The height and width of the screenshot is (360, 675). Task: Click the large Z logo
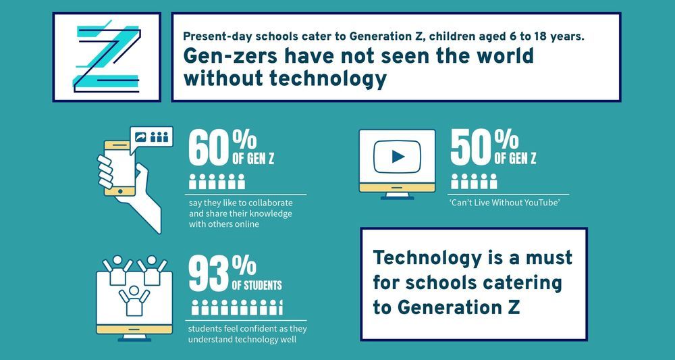(107, 57)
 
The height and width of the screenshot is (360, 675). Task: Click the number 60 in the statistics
(209, 149)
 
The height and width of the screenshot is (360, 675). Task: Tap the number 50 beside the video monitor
(470, 149)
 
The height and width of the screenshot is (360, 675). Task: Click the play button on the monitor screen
(398, 157)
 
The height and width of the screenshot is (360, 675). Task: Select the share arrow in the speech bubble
(142, 137)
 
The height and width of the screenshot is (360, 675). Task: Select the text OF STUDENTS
(256, 285)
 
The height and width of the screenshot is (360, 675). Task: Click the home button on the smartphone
(122, 191)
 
